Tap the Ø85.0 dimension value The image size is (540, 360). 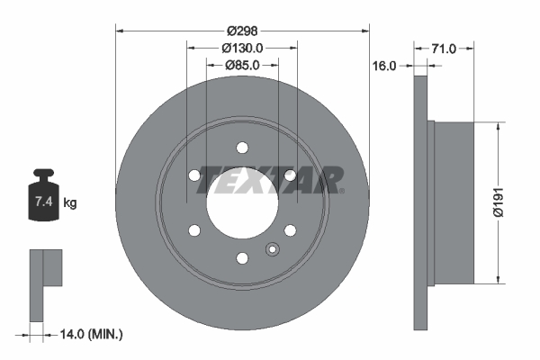(241, 65)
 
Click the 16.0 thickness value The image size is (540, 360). (385, 65)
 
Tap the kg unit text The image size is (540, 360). (69, 203)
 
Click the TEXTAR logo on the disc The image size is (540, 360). (269, 179)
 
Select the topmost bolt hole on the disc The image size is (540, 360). (242, 148)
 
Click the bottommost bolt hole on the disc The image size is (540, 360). (242, 259)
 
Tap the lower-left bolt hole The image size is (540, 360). (194, 231)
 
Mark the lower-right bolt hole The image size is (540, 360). (290, 231)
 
